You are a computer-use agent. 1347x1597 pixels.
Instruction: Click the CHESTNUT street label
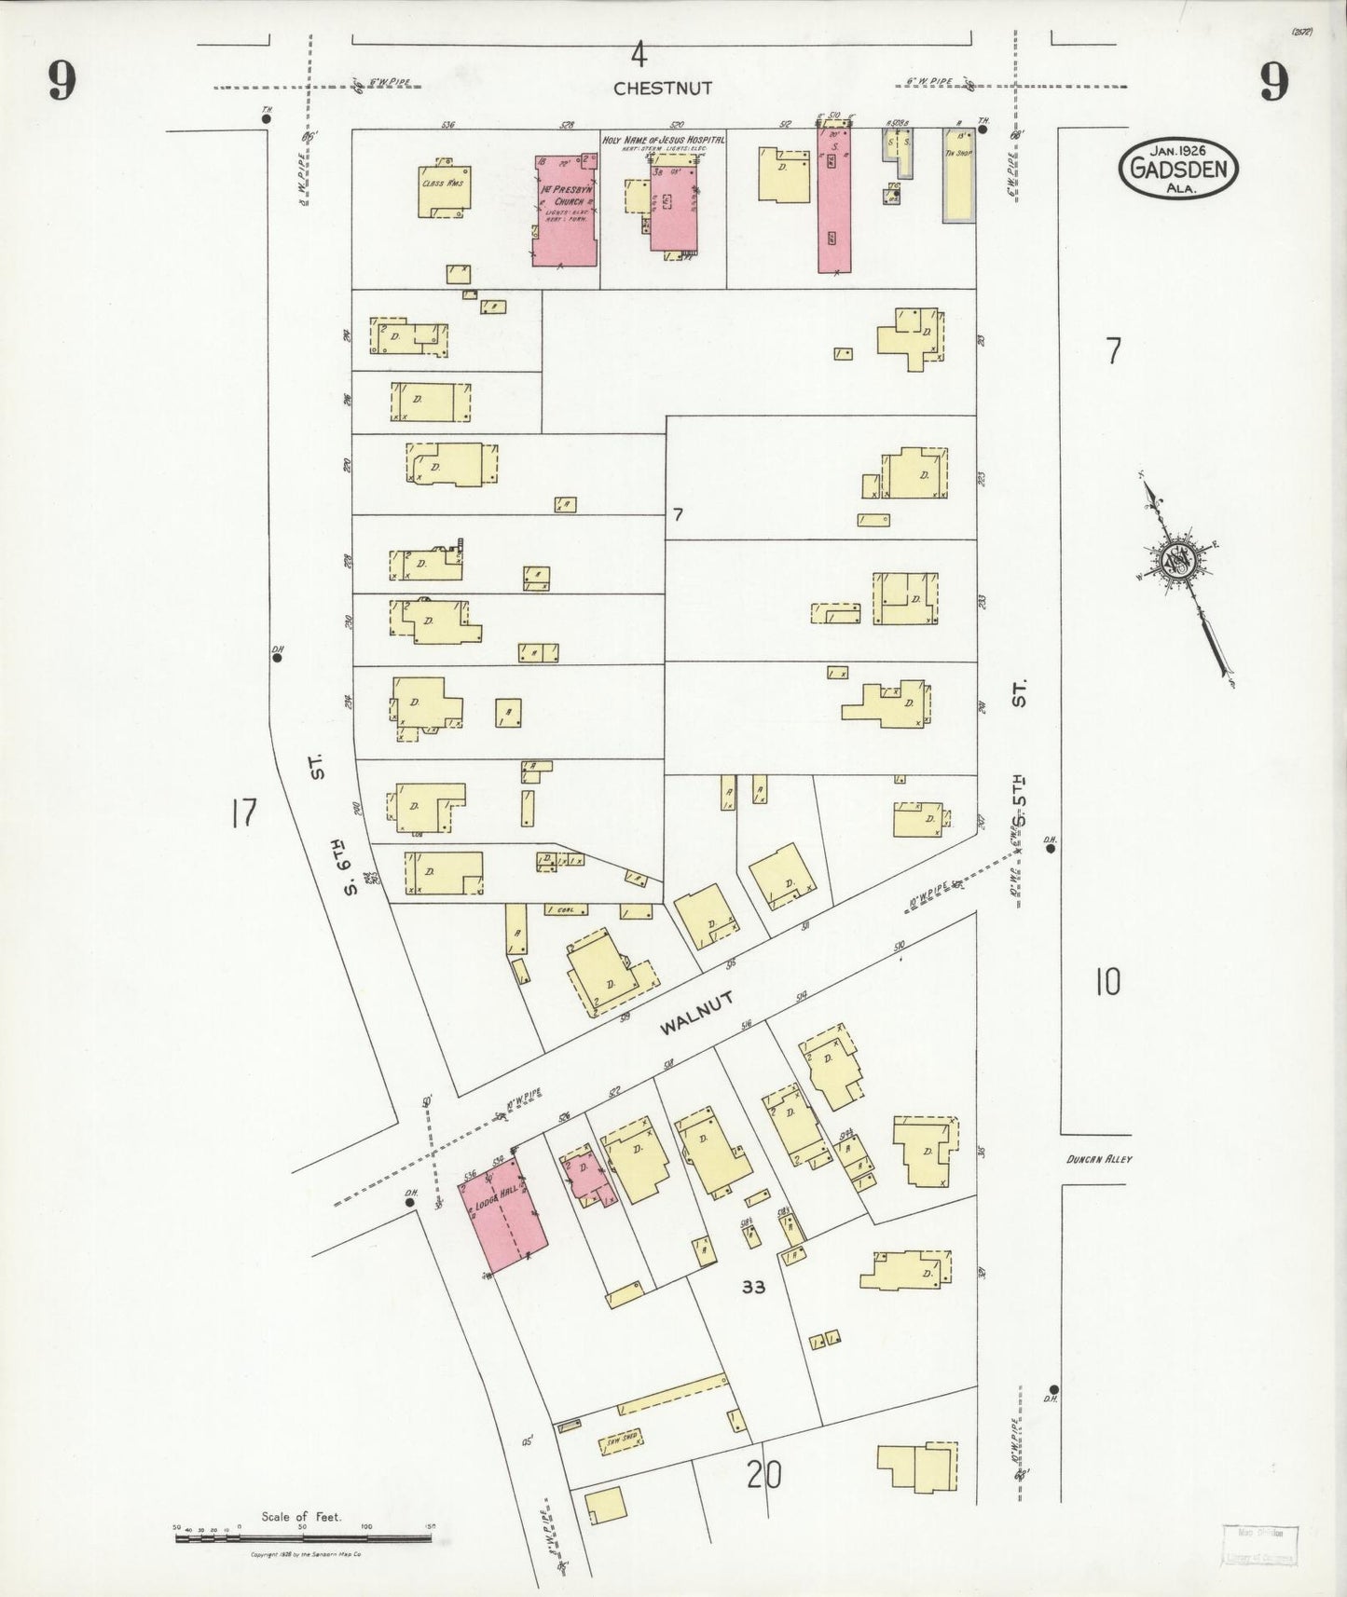tap(662, 89)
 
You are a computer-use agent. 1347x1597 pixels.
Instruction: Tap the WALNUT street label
tap(696, 1014)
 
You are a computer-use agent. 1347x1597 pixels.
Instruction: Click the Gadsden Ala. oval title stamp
tap(1179, 169)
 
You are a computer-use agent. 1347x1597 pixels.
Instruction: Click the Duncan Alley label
tap(1100, 1160)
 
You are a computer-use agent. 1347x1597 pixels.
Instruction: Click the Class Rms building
tap(444, 193)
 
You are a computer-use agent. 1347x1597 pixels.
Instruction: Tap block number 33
tap(753, 1287)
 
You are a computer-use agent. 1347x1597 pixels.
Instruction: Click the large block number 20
tap(763, 1475)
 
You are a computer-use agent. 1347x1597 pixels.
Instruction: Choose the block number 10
tap(1107, 982)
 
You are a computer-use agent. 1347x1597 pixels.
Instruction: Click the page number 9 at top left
tap(62, 84)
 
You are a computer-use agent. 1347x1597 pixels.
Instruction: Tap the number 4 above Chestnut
tap(638, 56)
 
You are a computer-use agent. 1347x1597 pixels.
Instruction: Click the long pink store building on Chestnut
tap(833, 200)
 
